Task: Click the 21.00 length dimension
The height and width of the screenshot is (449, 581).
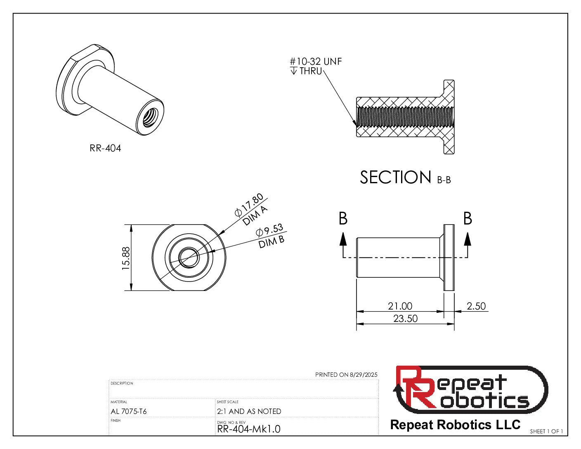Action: point(400,306)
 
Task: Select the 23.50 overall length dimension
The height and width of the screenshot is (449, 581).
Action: point(405,319)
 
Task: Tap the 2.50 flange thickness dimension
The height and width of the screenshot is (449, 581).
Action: point(476,306)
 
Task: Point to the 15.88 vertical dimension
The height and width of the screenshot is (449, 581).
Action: point(126,258)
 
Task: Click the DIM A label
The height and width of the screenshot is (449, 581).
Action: point(255,216)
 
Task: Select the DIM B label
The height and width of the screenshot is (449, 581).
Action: point(272,242)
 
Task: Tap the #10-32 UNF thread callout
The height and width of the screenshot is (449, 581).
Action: point(316,62)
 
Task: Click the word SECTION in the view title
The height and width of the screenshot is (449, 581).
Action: point(395,177)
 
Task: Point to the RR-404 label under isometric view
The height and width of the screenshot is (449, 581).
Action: point(105,149)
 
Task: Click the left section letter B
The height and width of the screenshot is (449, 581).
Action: point(343,219)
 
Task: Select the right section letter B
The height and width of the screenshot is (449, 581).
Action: point(468,219)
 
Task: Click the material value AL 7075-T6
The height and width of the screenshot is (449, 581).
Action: point(129,411)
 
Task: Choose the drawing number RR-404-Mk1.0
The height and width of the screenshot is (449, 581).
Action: point(248,429)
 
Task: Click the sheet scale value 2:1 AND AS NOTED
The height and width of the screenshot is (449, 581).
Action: point(249,411)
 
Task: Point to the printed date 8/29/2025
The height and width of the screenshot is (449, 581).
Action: point(363,375)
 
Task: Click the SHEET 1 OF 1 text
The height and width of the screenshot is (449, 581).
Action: point(546,432)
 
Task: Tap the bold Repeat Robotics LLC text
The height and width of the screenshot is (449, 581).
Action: point(455,425)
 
